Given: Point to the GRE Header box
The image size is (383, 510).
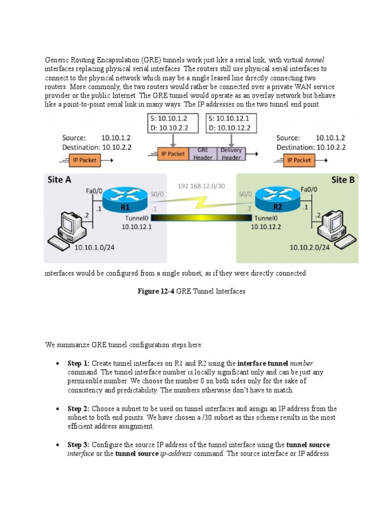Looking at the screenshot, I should click(x=202, y=153).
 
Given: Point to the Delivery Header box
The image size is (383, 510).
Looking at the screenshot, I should click(x=231, y=153).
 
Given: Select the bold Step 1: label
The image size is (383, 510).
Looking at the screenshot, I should click(x=78, y=363).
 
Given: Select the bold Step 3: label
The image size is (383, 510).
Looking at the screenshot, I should click(x=78, y=444).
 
